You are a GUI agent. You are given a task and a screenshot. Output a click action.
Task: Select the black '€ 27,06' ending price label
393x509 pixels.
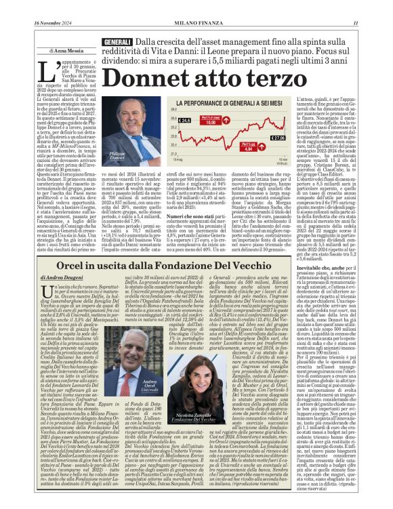point(278,137)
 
